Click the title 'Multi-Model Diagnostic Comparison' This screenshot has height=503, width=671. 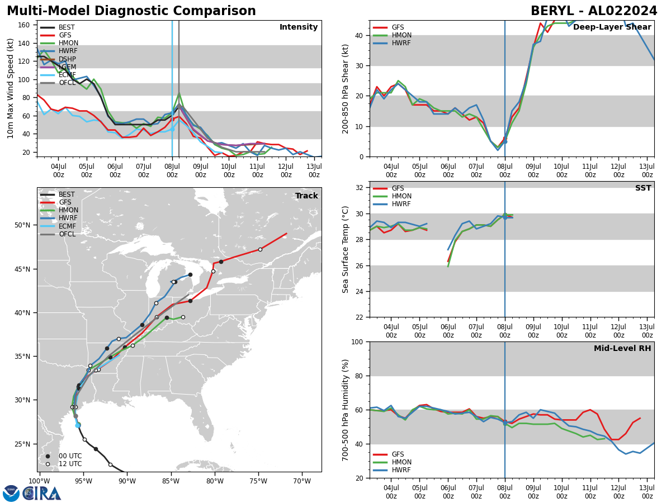pyautogui.click(x=131, y=11)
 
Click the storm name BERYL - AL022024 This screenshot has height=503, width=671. pyautogui.click(x=594, y=11)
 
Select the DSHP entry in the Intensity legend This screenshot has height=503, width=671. pyautogui.click(x=67, y=59)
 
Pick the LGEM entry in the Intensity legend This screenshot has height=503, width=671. pyautogui.click(x=67, y=67)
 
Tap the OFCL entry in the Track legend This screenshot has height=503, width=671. pyautogui.click(x=67, y=234)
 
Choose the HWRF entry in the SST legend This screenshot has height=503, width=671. pyautogui.click(x=402, y=204)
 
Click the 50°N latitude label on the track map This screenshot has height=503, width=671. pyautogui.click(x=22, y=225)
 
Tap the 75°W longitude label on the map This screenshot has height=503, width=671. pyautogui.click(x=258, y=481)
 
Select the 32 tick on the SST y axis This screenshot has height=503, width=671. pyautogui.click(x=361, y=188)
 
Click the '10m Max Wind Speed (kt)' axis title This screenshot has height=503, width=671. pyautogui.click(x=11, y=88)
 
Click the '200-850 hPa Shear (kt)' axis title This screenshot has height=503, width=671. pyautogui.click(x=346, y=88)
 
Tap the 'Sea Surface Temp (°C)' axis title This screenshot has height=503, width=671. pyautogui.click(x=346, y=249)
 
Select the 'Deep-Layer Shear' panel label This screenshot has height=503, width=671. pyautogui.click(x=612, y=27)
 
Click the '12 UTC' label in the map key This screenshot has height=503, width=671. pyautogui.click(x=70, y=464)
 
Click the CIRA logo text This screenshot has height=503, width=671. pyautogui.click(x=42, y=493)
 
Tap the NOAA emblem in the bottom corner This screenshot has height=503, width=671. pyautogui.click(x=11, y=493)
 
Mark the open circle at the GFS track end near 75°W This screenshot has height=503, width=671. pyautogui.click(x=260, y=249)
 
